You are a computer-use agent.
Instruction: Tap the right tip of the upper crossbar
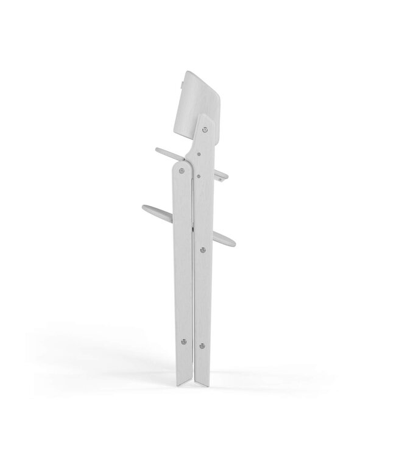pyautogui.click(x=228, y=177)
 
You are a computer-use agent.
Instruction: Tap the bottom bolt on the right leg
pyautogui.click(x=202, y=347)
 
